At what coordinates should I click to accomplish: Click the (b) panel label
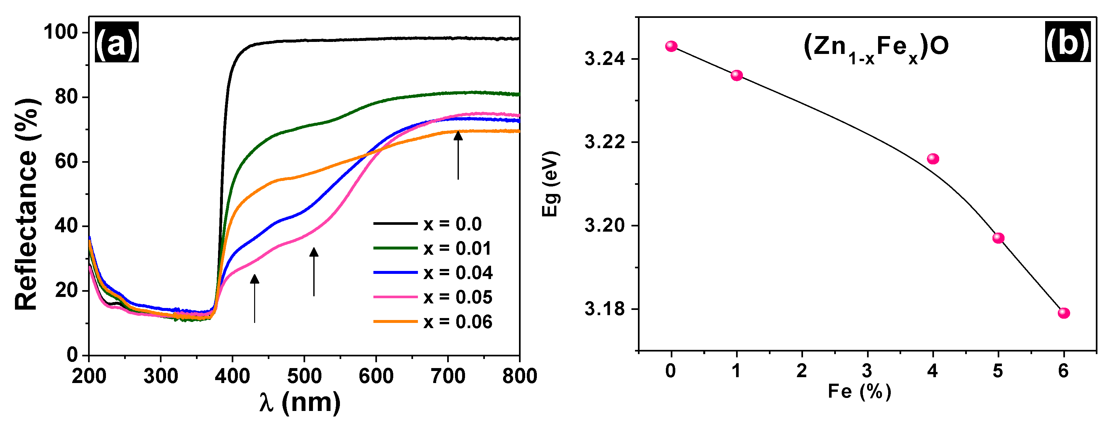[x=1068, y=42]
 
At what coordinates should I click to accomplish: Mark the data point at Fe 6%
[x=1064, y=313]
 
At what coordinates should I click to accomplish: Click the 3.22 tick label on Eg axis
[x=605, y=142]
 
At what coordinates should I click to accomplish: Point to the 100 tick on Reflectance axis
[x=60, y=32]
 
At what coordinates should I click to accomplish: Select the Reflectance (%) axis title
[x=27, y=204]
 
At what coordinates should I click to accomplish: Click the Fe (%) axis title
[x=859, y=392]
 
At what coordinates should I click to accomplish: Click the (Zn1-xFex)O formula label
[x=875, y=48]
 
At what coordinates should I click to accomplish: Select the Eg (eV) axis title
[x=551, y=184]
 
